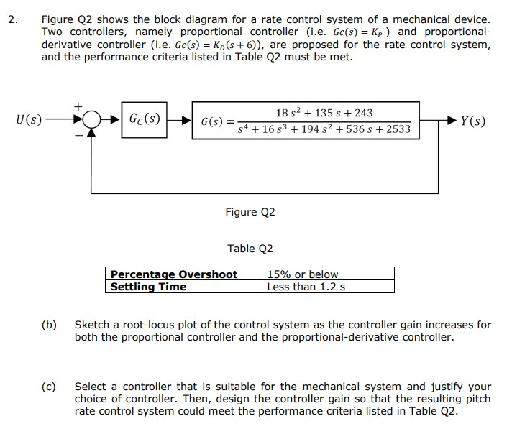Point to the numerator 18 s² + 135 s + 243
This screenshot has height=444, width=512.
(324, 113)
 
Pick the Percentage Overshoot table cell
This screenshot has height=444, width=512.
(173, 274)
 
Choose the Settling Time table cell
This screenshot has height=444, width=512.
(148, 287)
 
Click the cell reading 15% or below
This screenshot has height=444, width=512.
(302, 274)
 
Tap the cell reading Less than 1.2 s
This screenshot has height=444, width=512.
(306, 287)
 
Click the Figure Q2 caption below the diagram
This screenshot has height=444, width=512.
(250, 212)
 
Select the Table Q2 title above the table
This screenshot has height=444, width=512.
(250, 249)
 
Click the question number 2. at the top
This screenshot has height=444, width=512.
(12, 19)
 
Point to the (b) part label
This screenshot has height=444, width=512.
(49, 325)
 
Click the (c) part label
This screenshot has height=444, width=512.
(49, 387)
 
